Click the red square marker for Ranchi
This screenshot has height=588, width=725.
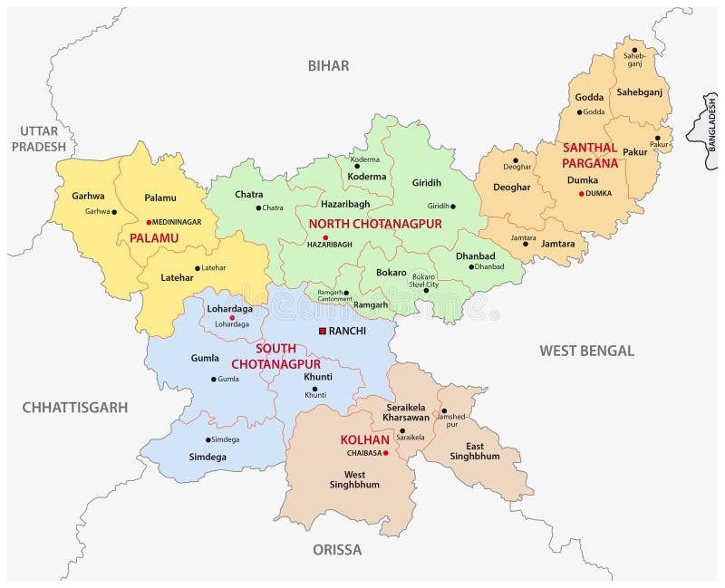tap(322, 332)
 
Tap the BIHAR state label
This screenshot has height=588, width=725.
tap(328, 65)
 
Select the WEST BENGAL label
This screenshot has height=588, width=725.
tap(586, 351)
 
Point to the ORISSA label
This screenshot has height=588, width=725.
tap(337, 550)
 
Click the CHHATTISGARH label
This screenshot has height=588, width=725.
tap(75, 408)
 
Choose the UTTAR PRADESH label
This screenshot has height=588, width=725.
tap(38, 139)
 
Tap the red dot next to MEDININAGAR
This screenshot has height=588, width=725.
tap(149, 221)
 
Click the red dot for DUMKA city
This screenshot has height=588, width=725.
tap(581, 193)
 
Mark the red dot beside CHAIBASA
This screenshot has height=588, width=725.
tap(385, 453)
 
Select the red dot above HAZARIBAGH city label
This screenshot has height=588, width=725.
tap(324, 237)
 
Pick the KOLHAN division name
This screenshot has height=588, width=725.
tap(364, 440)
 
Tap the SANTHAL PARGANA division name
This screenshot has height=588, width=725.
tap(590, 155)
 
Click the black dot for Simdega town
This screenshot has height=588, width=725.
tap(208, 439)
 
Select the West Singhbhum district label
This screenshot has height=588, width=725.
tap(355, 479)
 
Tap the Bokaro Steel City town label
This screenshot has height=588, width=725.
tap(424, 280)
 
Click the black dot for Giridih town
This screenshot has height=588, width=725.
tap(453, 206)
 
